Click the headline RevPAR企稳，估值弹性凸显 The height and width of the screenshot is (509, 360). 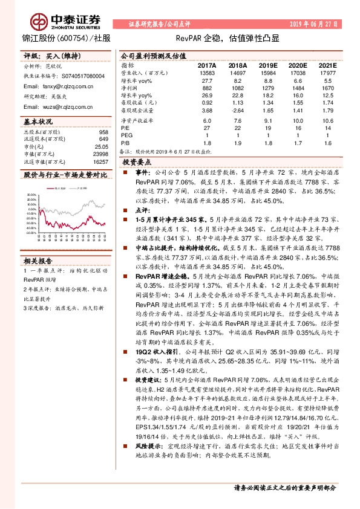[235, 38]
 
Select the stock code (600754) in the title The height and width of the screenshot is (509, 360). [71, 39]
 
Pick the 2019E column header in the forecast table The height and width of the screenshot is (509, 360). [267, 65]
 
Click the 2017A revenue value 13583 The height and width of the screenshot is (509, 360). [207, 73]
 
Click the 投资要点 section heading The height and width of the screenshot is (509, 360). [136, 163]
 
